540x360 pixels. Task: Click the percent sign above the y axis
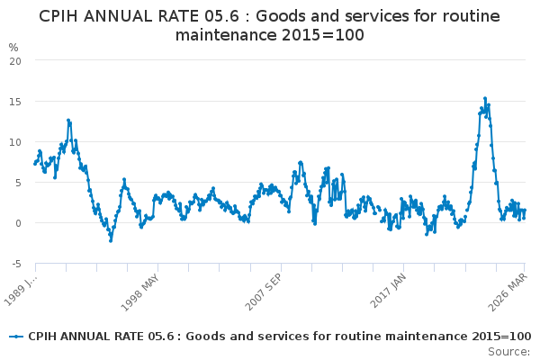(13, 47)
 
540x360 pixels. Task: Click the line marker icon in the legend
(15, 336)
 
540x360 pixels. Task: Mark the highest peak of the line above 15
(484, 99)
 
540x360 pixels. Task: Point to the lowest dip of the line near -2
(111, 240)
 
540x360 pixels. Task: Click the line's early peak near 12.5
(67, 120)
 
